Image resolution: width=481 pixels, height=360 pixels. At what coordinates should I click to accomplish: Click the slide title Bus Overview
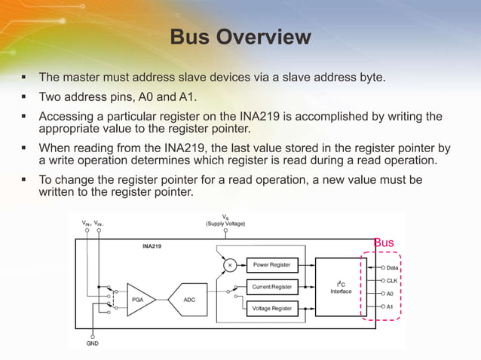pos(240,37)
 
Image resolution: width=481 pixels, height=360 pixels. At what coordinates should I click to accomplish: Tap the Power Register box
pos(272,265)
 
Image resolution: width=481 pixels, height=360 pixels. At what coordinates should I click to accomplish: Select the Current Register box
pos(272,287)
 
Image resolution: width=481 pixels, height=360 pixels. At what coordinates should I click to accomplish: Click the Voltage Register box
pos(272,309)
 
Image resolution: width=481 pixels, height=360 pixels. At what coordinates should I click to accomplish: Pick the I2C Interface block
pos(341,287)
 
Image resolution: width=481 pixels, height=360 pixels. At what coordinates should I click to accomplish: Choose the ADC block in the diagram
pos(189,299)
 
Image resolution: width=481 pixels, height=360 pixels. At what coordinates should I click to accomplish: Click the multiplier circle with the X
pos(231,265)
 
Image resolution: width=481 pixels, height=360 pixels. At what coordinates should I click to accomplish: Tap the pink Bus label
pos(384,243)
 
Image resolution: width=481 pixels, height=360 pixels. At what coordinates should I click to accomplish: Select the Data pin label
pos(393,267)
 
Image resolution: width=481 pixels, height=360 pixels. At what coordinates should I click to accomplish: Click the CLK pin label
pos(392,280)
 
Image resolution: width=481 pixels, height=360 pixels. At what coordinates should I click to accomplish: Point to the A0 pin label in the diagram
pos(390,294)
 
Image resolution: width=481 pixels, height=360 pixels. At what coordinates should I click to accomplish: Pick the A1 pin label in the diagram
pos(390,307)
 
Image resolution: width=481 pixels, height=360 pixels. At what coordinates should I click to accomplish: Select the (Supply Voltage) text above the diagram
pos(225,224)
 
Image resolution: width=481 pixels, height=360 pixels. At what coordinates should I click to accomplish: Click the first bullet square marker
pos(24,77)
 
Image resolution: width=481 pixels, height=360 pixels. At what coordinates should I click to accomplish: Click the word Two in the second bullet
pos(51,97)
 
